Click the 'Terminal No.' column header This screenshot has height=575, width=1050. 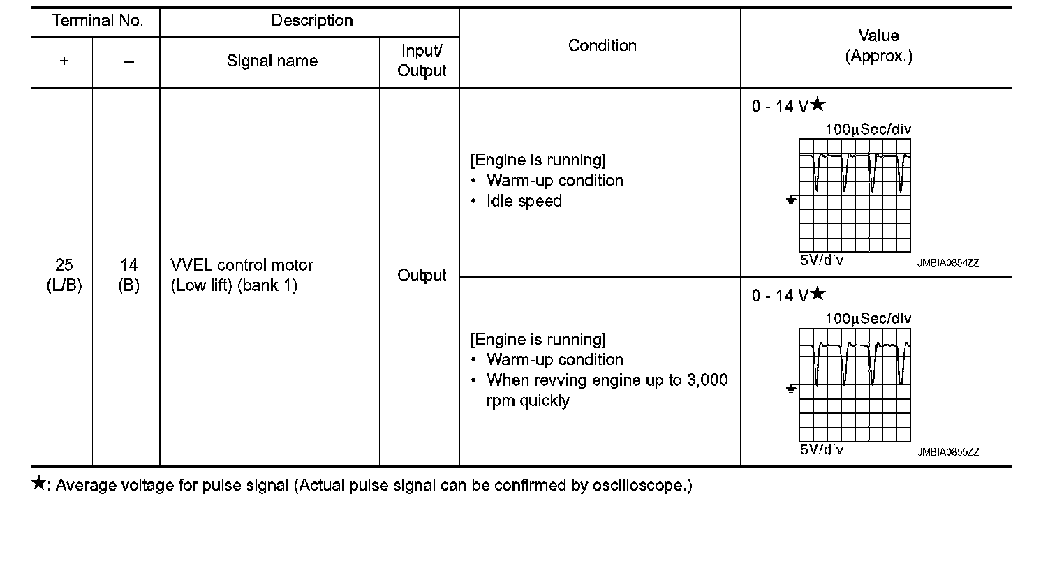click(x=98, y=21)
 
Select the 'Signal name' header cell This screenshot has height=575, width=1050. click(x=272, y=61)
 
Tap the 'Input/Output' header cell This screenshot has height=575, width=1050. click(x=421, y=61)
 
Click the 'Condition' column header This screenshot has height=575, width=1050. click(x=602, y=46)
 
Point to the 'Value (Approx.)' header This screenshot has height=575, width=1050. click(x=878, y=46)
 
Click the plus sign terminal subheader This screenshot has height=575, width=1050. click(x=64, y=61)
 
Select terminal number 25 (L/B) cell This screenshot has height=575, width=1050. click(x=64, y=275)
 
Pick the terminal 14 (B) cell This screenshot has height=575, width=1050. click(x=128, y=275)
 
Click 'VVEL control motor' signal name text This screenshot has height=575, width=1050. click(x=242, y=265)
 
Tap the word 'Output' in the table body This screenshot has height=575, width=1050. click(x=421, y=276)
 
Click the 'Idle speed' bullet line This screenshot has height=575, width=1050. click(x=524, y=201)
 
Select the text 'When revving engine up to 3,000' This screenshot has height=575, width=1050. click(x=607, y=380)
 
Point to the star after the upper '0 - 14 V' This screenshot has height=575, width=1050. click(x=818, y=105)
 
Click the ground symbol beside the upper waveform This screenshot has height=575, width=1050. click(x=791, y=201)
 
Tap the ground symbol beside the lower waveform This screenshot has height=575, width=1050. click(x=791, y=389)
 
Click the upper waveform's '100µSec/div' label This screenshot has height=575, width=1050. click(x=868, y=129)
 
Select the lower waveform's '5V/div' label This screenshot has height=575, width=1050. click(x=821, y=449)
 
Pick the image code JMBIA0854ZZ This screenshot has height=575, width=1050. click(x=948, y=263)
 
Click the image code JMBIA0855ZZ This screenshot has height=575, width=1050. click(x=948, y=452)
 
